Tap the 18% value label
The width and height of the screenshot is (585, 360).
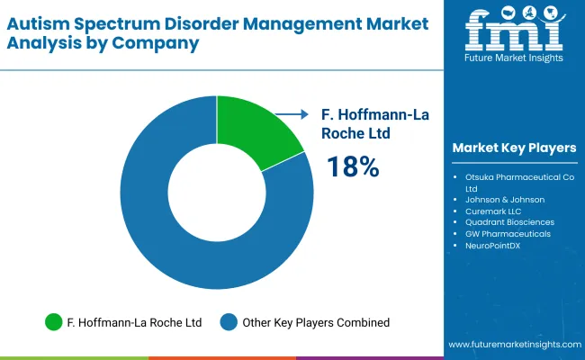tap(353, 166)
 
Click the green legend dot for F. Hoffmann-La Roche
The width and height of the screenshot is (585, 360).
tap(54, 321)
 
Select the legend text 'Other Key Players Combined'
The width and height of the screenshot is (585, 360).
tap(317, 321)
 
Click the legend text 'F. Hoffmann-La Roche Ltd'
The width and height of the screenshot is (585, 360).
tap(134, 321)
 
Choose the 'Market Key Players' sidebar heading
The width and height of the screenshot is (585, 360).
tap(514, 148)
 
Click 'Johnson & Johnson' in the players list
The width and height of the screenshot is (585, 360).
tap(504, 200)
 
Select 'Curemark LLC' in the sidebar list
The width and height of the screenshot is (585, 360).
tap(494, 211)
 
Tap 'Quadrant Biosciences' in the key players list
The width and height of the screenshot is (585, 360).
tap(509, 222)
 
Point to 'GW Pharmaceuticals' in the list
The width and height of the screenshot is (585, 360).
tap(508, 234)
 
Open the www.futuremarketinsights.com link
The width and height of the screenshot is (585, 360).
tap(512, 345)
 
